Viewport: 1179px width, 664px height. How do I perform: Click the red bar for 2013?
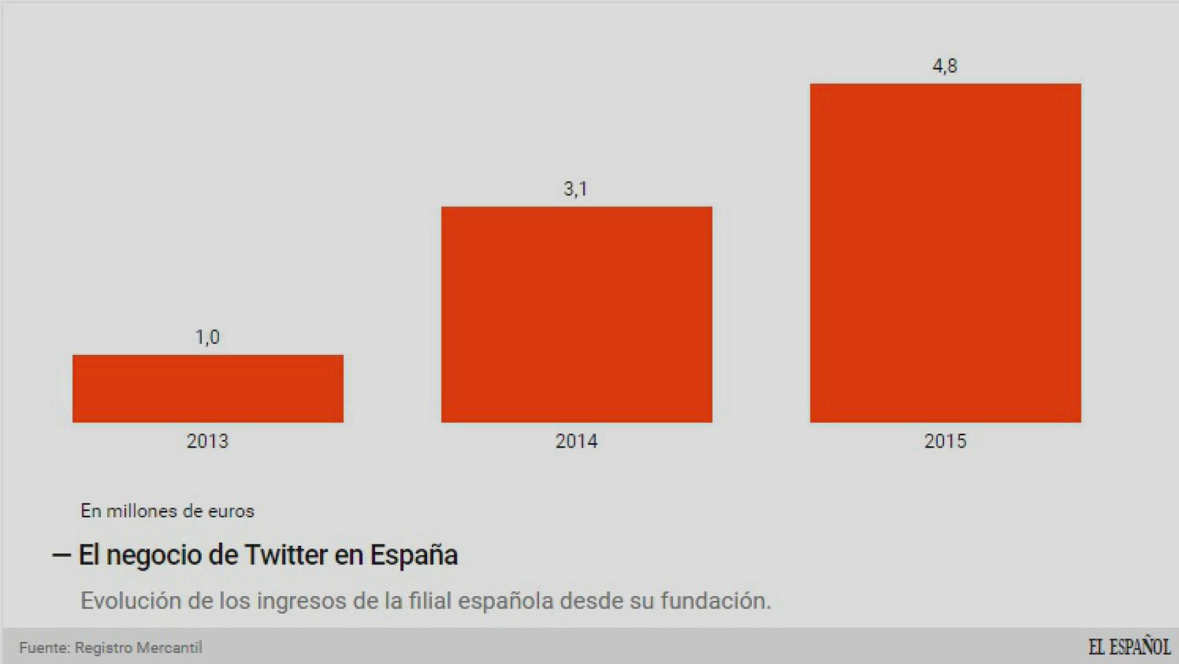tap(207, 388)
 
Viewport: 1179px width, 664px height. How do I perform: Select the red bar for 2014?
tap(576, 314)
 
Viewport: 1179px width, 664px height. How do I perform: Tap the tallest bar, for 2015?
tap(945, 252)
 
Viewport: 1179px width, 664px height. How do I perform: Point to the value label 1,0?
tap(207, 338)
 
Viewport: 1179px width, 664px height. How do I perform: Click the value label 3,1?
tap(575, 189)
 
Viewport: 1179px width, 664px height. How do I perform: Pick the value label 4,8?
tap(945, 66)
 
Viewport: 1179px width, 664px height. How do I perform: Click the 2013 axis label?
tap(207, 441)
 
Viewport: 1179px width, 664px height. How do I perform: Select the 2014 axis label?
tap(576, 441)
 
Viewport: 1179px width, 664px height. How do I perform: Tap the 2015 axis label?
tap(945, 441)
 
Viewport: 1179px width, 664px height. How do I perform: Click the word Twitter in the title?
tap(286, 555)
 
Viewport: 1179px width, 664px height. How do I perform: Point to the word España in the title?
tap(414, 555)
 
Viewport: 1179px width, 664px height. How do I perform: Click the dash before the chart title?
tap(62, 555)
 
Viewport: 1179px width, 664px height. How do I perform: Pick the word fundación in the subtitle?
tap(715, 600)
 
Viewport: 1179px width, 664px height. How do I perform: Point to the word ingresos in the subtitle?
tap(301, 600)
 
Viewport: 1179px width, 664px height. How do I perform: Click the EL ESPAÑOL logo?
tap(1129, 647)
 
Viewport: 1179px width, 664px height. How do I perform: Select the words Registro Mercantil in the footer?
tap(138, 647)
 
